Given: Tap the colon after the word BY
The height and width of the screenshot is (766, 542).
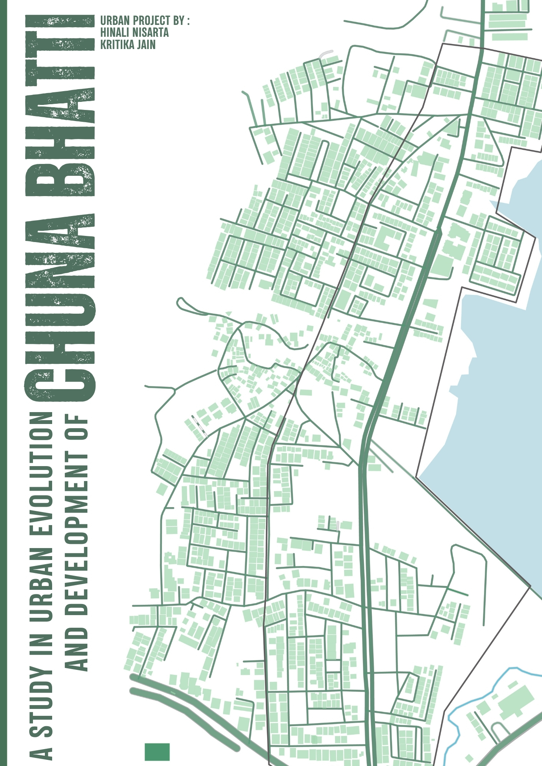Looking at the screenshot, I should click(188, 21).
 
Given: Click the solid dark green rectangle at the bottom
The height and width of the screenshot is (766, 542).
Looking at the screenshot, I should click(157, 751).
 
